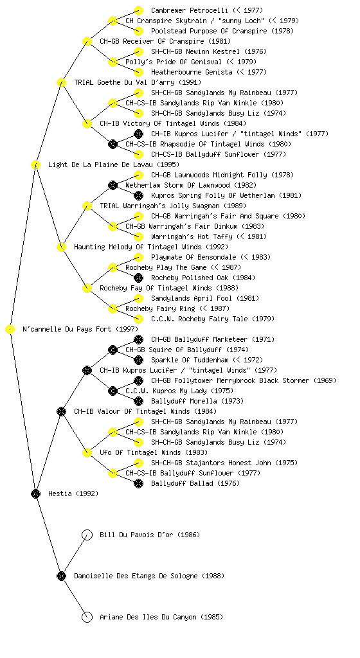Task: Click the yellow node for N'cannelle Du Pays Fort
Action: pyautogui.click(x=10, y=330)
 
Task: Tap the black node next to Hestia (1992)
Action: pyautogui.click(x=35, y=494)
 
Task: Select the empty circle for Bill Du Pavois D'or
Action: pyautogui.click(x=87, y=535)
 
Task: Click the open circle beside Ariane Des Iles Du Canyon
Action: pyautogui.click(x=87, y=618)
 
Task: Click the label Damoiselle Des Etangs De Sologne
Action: pyautogui.click(x=136, y=576)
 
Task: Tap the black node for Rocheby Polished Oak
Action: pyautogui.click(x=138, y=278)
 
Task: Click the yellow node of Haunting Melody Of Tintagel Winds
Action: pyautogui.click(x=61, y=247)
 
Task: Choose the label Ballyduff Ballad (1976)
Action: pyautogui.click(x=195, y=483)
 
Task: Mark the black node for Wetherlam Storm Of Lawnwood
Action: pyautogui.click(x=113, y=185)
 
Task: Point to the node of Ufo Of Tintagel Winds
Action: pyautogui.click(x=87, y=453)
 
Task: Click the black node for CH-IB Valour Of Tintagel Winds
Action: pyautogui.click(x=61, y=412)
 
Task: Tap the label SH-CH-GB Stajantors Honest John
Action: pyautogui.click(x=211, y=463)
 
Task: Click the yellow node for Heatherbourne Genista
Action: pyautogui.click(x=138, y=72)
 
